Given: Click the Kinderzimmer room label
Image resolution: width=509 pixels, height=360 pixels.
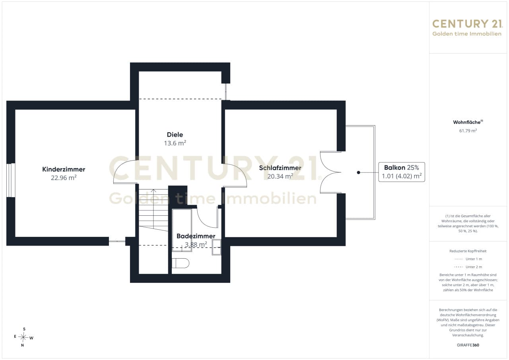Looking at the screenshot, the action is click(x=64, y=169).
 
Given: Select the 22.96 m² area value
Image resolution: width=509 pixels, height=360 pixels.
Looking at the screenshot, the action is click(x=64, y=178).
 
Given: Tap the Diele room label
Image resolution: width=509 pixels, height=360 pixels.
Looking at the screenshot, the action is click(x=175, y=135).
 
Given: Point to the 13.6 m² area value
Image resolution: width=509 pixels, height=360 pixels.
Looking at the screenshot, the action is click(x=175, y=143).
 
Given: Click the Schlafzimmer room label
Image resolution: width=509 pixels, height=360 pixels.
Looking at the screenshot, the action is click(x=280, y=168).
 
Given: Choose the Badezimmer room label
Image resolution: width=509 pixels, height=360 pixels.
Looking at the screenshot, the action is click(x=196, y=236).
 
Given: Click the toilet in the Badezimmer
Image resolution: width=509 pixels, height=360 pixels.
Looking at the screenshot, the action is click(x=181, y=263).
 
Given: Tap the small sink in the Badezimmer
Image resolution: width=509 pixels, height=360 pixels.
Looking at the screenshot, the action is click(x=217, y=247).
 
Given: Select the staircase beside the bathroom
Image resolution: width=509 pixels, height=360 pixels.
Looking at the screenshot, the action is click(x=153, y=210).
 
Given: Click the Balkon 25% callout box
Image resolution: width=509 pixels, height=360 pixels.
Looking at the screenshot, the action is click(x=402, y=172).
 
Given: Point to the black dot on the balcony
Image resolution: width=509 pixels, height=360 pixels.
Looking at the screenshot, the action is click(x=359, y=172).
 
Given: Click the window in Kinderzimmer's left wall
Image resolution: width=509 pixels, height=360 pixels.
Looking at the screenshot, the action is click(x=11, y=180).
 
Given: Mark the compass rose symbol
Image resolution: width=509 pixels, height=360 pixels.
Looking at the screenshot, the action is click(x=23, y=337).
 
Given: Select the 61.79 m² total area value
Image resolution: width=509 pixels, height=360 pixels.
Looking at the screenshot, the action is click(x=468, y=130).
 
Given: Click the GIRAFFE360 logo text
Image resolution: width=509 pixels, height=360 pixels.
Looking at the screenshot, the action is click(x=468, y=345).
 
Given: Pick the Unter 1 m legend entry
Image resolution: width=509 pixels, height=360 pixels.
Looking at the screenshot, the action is click(x=468, y=259).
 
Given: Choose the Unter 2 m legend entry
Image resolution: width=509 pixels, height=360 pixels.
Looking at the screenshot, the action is click(x=468, y=267).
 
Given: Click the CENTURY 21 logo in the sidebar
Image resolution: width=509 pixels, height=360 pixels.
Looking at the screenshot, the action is click(x=467, y=28).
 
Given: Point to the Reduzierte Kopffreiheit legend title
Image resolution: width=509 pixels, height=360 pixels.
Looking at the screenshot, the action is click(x=468, y=251).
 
